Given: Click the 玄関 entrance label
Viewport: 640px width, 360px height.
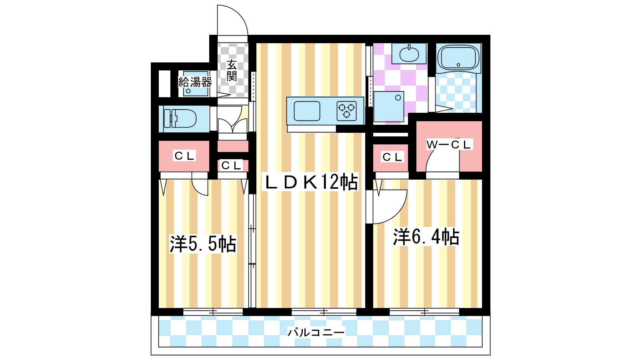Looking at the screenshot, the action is click(x=232, y=71).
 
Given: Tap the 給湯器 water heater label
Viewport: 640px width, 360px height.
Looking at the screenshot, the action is click(x=195, y=82).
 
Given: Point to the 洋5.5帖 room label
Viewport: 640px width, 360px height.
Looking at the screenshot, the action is click(x=203, y=244).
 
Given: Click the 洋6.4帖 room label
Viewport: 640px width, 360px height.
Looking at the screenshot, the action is click(x=426, y=237).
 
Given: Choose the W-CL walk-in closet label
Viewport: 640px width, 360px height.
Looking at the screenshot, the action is click(x=448, y=144).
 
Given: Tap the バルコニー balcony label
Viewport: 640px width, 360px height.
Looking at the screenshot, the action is click(x=316, y=332).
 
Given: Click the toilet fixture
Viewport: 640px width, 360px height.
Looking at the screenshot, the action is click(x=180, y=118).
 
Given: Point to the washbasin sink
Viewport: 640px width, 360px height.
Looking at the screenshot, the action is click(x=409, y=54).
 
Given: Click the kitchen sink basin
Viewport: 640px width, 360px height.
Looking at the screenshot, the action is click(x=307, y=111).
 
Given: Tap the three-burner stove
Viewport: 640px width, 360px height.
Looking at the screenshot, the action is click(x=346, y=111).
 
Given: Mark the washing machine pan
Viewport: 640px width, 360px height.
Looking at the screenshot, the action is click(x=388, y=106).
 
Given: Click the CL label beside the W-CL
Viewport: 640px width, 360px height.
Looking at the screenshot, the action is click(x=392, y=157).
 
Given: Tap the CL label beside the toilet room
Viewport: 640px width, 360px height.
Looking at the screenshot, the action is click(x=184, y=156).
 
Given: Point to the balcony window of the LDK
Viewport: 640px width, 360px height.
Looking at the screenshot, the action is click(x=324, y=312).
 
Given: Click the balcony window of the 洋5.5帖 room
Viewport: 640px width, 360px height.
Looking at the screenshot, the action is click(x=213, y=312).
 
